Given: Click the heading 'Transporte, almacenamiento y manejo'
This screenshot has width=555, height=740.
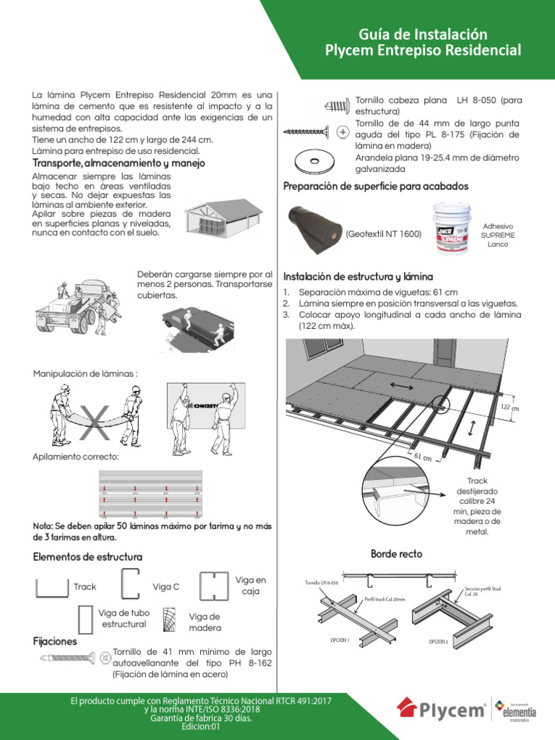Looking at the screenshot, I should coord(119,163).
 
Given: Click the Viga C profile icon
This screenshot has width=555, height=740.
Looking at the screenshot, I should coord(129,585).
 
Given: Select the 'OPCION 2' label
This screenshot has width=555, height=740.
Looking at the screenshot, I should coord(438,641).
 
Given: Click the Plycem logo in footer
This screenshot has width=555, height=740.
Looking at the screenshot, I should coord(442,709).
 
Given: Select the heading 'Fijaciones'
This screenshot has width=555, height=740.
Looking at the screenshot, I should coord(55,641).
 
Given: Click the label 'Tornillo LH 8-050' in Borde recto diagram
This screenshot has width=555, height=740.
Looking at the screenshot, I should coord(320,582).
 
